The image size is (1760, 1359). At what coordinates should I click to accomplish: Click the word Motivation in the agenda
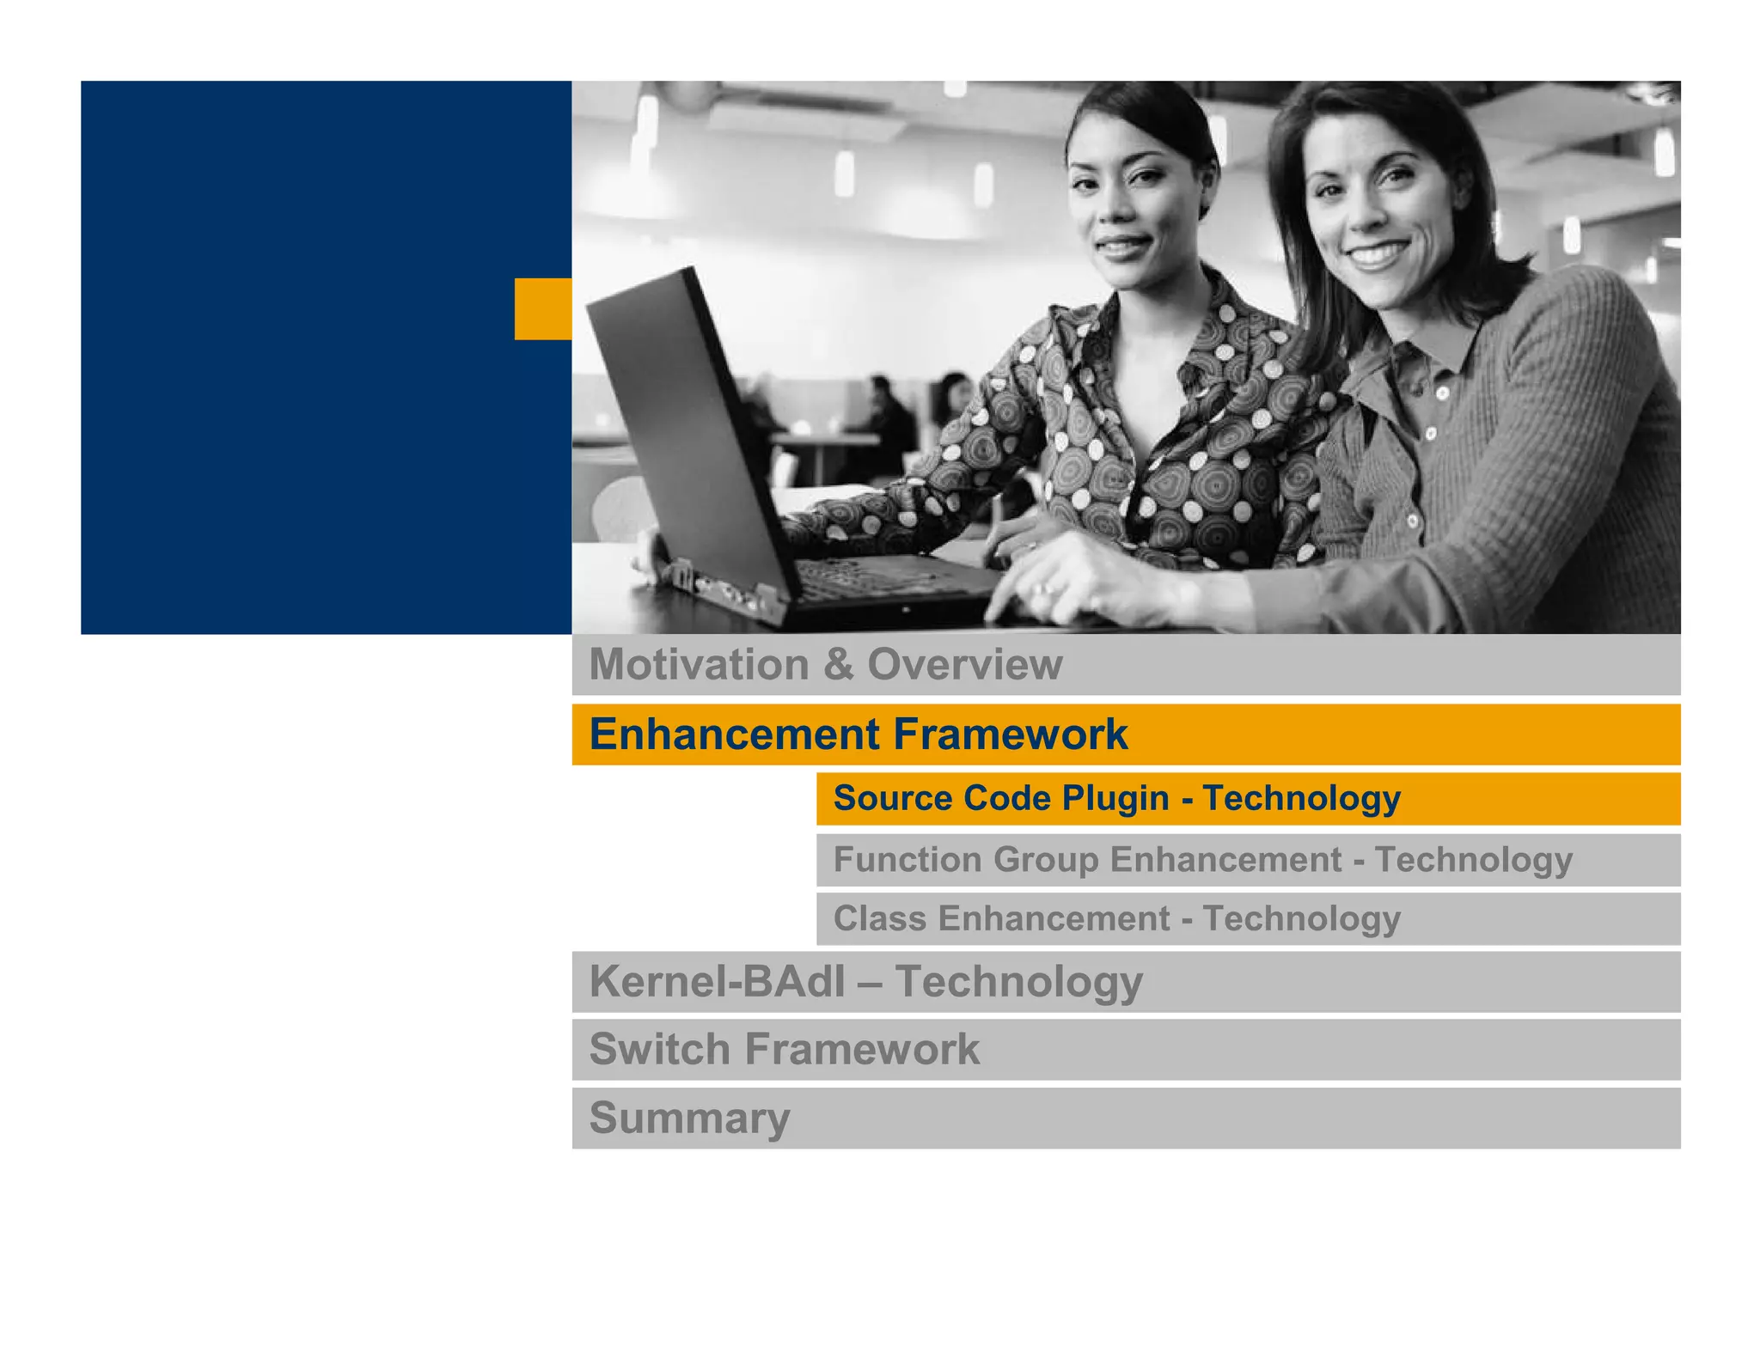(698, 664)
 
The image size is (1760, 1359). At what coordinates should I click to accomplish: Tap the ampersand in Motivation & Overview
(837, 664)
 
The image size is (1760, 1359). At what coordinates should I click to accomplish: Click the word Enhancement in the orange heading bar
(734, 734)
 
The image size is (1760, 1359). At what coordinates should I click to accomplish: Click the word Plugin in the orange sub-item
(1115, 798)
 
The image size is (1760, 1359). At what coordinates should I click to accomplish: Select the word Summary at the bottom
(689, 1118)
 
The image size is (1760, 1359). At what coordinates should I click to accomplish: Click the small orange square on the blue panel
(542, 308)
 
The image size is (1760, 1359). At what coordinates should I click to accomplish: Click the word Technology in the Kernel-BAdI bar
(1018, 981)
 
